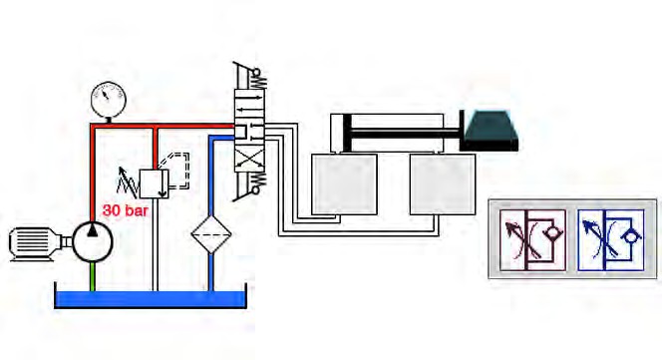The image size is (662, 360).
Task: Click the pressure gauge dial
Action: point(109,100)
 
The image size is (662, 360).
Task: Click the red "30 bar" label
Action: point(125,210)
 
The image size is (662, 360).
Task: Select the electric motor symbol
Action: point(36,243)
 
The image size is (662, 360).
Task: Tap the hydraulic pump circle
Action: point(92,242)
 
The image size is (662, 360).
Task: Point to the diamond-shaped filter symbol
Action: point(211,233)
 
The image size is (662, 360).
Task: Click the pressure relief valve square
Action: point(154,183)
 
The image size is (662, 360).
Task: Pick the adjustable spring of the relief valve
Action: point(128,181)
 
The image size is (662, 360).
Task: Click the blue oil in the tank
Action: point(151,298)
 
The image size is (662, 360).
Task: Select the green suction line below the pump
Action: point(92,276)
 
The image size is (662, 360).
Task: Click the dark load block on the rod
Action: point(490,131)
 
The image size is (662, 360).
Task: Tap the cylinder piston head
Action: point(347,133)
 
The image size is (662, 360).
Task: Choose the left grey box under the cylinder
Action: point(345,184)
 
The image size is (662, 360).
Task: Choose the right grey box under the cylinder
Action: point(443,184)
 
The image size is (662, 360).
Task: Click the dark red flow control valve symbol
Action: point(532,240)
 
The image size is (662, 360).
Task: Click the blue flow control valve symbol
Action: point(611,240)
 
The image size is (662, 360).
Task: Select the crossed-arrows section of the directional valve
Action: point(249,161)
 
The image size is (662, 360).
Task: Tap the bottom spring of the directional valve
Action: point(259,181)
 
